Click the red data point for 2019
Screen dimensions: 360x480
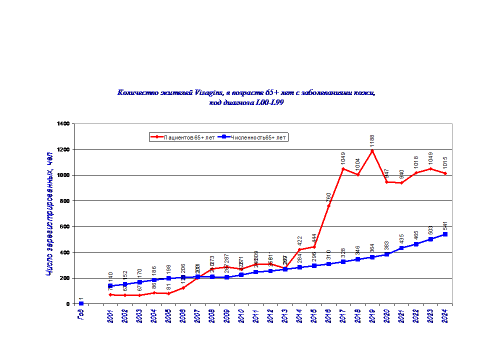(372, 150)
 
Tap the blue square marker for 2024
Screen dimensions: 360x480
(445, 234)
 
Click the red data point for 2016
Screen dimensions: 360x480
(328, 205)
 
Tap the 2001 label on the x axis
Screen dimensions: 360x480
(110, 316)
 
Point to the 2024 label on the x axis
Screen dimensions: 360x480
(444, 316)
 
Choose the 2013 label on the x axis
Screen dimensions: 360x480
(285, 316)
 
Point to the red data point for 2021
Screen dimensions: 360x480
(401, 182)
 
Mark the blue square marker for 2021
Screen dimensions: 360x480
(401, 248)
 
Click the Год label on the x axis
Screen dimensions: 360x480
(81, 315)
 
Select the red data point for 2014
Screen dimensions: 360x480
(299, 249)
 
